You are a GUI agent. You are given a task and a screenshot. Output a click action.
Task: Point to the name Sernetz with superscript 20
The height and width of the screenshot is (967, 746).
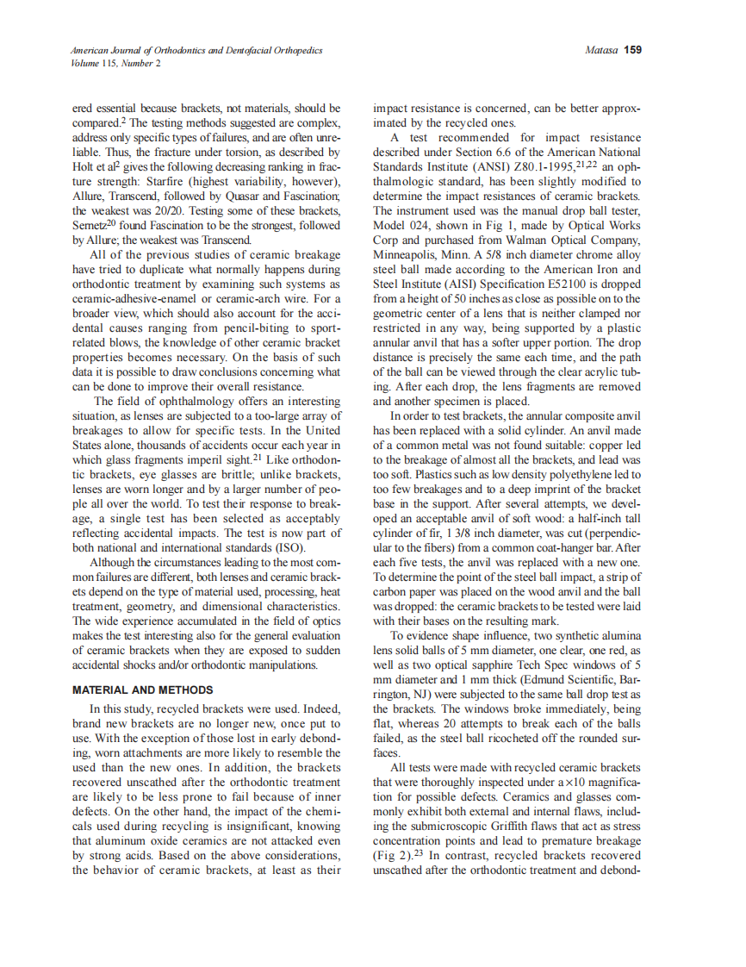(x=96, y=226)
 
